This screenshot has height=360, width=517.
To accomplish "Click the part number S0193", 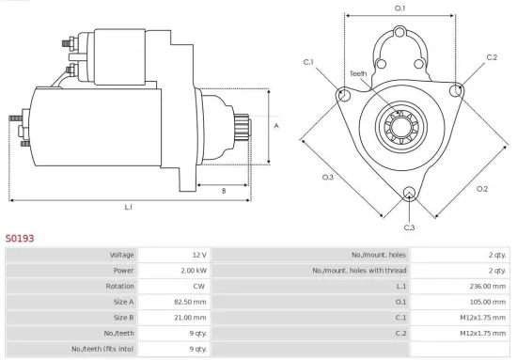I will click(x=20, y=239).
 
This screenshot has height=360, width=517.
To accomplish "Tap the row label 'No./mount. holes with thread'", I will click(x=350, y=271).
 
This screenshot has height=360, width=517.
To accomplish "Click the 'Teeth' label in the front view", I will click(x=358, y=73).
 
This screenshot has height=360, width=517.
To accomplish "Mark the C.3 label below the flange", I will click(x=409, y=227).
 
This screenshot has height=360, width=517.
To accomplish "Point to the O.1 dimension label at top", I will click(x=399, y=8).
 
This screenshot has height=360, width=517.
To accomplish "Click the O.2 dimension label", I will click(x=482, y=189).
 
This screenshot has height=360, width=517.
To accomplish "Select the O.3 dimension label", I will click(x=327, y=177).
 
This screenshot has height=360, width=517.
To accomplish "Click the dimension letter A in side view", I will click(x=275, y=125).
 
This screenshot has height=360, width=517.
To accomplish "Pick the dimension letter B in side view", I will click(x=223, y=191).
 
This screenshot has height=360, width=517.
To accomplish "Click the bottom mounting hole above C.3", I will click(x=409, y=195).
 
